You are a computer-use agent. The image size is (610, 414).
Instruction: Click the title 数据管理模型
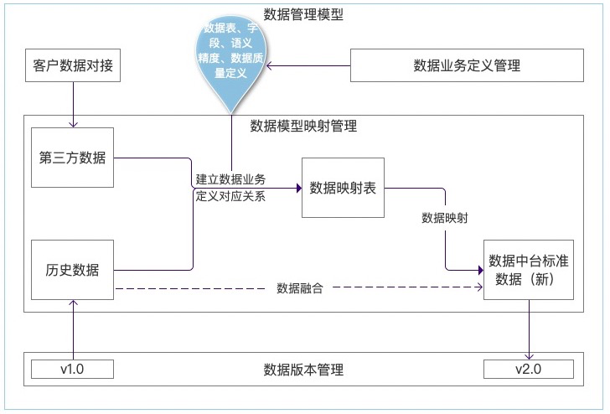click(303, 14)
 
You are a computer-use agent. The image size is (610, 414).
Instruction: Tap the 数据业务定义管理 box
click(467, 65)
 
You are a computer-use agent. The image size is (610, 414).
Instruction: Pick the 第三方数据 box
click(72, 158)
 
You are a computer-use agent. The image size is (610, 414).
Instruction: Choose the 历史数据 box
click(72, 270)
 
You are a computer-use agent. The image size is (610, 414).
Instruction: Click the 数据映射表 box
click(343, 187)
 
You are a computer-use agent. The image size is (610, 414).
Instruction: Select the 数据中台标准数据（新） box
click(528, 270)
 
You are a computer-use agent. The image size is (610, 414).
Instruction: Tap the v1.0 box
click(72, 369)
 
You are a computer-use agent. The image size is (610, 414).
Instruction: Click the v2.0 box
click(529, 369)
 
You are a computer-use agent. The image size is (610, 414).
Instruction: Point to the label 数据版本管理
click(303, 369)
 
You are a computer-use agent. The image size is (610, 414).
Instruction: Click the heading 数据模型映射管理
click(303, 127)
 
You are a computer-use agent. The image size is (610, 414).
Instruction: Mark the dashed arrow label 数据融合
click(299, 288)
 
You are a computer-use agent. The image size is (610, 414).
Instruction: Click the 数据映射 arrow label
click(444, 218)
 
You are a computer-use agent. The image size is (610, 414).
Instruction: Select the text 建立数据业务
click(230, 179)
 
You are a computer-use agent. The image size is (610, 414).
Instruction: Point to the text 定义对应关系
click(230, 197)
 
